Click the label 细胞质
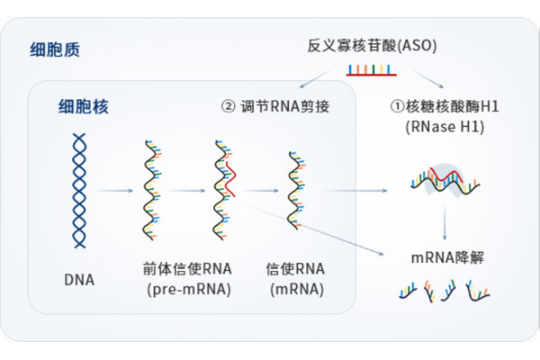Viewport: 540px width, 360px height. [x=54, y=49]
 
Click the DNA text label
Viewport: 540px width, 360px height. [x=78, y=279]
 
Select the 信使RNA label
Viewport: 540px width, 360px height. [x=295, y=269]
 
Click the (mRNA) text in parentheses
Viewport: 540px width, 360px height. [x=295, y=290]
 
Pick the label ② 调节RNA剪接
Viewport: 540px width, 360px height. [x=274, y=107]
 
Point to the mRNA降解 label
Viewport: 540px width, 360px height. [x=445, y=257]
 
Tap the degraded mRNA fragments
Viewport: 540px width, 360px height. [x=445, y=290]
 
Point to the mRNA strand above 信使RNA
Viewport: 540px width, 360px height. [x=295, y=189]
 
